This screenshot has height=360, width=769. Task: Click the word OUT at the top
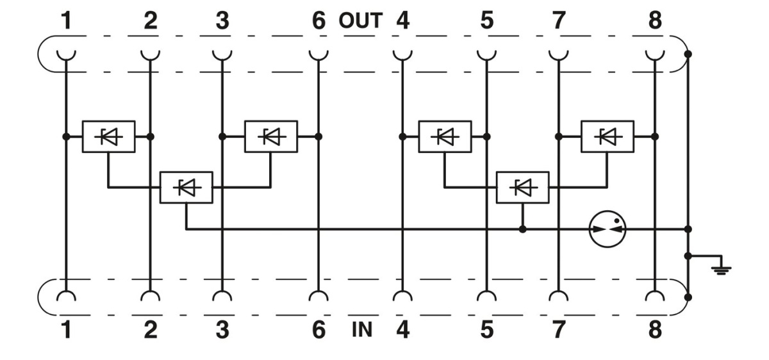pyautogui.click(x=360, y=21)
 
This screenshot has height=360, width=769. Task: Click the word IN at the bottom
pyautogui.click(x=362, y=331)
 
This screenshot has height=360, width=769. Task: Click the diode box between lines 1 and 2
pyautogui.click(x=108, y=136)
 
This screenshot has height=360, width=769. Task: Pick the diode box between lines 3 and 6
pyautogui.click(x=270, y=136)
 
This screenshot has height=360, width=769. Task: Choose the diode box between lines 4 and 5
pyautogui.click(x=444, y=136)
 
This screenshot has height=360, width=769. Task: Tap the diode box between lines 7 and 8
pyautogui.click(x=607, y=136)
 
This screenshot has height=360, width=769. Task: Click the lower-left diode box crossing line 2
pyautogui.click(x=186, y=187)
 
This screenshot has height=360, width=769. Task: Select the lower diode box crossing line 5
pyautogui.click(x=523, y=187)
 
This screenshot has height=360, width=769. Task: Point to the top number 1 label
pyautogui.click(x=65, y=21)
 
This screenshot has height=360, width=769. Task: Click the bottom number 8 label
pyautogui.click(x=654, y=331)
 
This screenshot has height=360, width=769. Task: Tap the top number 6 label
pyautogui.click(x=318, y=21)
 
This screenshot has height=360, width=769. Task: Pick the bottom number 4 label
pyautogui.click(x=402, y=331)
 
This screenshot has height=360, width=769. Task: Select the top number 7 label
pyautogui.click(x=559, y=21)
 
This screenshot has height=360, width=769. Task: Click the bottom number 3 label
pyautogui.click(x=221, y=331)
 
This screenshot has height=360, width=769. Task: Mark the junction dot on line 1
pyautogui.click(x=65, y=136)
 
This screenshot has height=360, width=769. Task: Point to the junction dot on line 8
pyautogui.click(x=654, y=136)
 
